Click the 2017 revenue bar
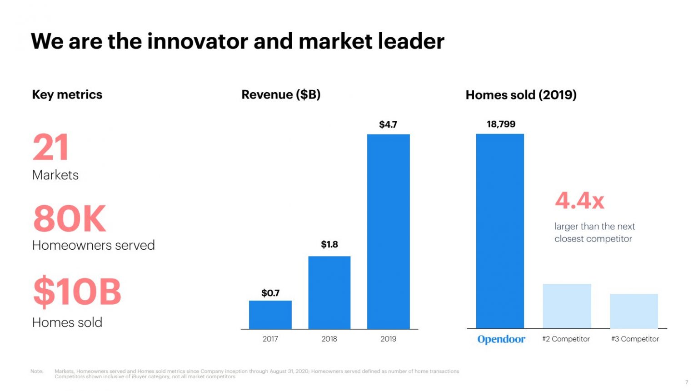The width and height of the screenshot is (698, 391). coord(270,314)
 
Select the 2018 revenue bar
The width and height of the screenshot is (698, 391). coord(329,292)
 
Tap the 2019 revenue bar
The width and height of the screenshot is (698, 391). coord(388,231)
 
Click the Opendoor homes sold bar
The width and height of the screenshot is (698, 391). coord(500,231)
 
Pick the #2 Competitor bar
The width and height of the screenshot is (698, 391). coord(567,306)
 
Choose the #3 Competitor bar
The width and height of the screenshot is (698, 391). coord(634,311)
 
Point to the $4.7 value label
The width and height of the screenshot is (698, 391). coord(388,124)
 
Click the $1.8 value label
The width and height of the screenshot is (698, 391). coord(329,244)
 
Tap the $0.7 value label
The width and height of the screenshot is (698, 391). coord(270,293)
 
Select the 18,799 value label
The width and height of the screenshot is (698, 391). coord(501,124)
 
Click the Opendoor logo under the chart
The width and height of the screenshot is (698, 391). coord(501,339)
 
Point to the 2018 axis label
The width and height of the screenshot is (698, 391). coord(329,339)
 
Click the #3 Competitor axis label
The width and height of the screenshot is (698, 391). coord(635,339)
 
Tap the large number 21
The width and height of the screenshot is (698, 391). coord(50,147)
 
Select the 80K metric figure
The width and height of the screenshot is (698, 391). coord(69,218)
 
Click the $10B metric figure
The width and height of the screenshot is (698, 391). coord(77,291)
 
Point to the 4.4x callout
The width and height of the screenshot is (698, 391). coord(579,200)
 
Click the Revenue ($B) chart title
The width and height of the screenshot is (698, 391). coord(281,94)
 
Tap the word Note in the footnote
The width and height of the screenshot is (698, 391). coord(37,371)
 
